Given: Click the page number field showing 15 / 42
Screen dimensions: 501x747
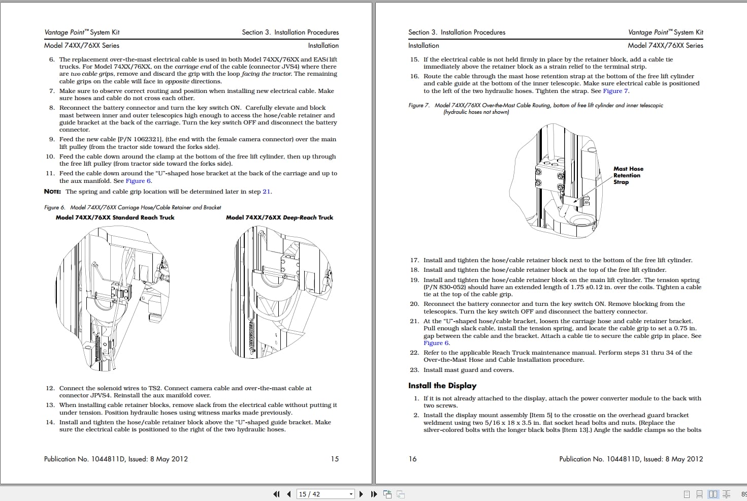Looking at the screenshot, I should (x=322, y=494).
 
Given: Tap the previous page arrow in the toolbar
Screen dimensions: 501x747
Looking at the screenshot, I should (x=289, y=494).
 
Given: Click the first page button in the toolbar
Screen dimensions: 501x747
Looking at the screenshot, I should (x=276, y=494).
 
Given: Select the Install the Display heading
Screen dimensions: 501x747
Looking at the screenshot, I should (x=442, y=386).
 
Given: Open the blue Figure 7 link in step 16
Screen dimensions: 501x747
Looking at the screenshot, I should (x=615, y=91).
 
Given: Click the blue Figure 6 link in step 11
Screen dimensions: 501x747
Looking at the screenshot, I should (x=138, y=181).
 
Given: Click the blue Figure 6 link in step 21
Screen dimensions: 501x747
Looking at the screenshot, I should (x=436, y=343).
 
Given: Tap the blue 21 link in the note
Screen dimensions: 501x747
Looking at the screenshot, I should (x=266, y=192).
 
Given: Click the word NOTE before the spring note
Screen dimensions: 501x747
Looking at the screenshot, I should (x=52, y=192).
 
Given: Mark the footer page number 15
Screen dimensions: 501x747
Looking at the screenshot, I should (x=335, y=459).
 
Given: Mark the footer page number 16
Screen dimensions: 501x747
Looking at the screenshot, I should (x=412, y=459).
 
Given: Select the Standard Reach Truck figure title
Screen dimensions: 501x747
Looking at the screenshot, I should (x=115, y=217).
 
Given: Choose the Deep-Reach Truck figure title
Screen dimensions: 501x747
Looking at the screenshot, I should (x=279, y=217).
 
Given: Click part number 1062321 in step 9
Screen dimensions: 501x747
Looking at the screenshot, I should (x=147, y=139).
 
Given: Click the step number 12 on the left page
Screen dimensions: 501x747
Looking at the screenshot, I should (x=50, y=388).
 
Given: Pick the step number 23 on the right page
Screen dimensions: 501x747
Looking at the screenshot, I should (x=414, y=370).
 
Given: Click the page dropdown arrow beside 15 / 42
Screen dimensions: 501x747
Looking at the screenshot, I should (x=351, y=494).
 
